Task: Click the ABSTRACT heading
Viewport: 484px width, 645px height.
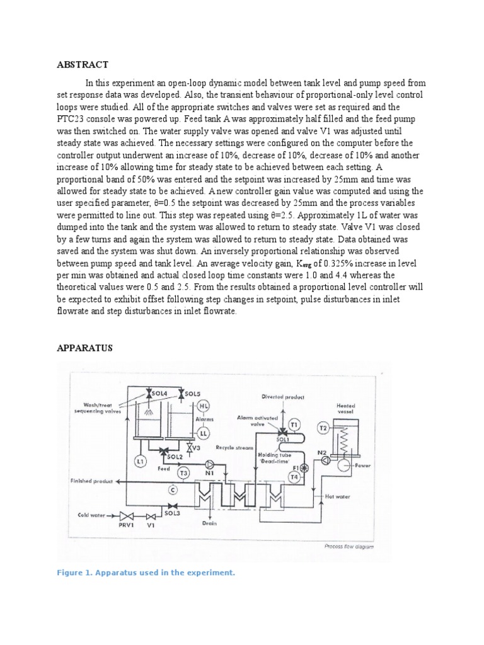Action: coord(83,64)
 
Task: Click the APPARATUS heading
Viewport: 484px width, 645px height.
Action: coord(85,347)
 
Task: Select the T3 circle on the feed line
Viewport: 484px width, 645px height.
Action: coord(185,472)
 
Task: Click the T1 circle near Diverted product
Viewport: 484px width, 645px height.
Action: coord(295,423)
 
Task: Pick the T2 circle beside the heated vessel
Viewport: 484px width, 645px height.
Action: coord(323,428)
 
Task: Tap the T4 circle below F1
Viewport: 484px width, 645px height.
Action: coord(294,477)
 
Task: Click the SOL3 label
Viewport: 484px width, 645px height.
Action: coord(172,513)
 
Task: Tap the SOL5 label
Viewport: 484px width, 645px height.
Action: coord(192,392)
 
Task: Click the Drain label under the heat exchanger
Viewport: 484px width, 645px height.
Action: coord(210,522)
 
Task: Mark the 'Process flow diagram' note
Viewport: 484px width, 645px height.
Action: coord(349,547)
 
